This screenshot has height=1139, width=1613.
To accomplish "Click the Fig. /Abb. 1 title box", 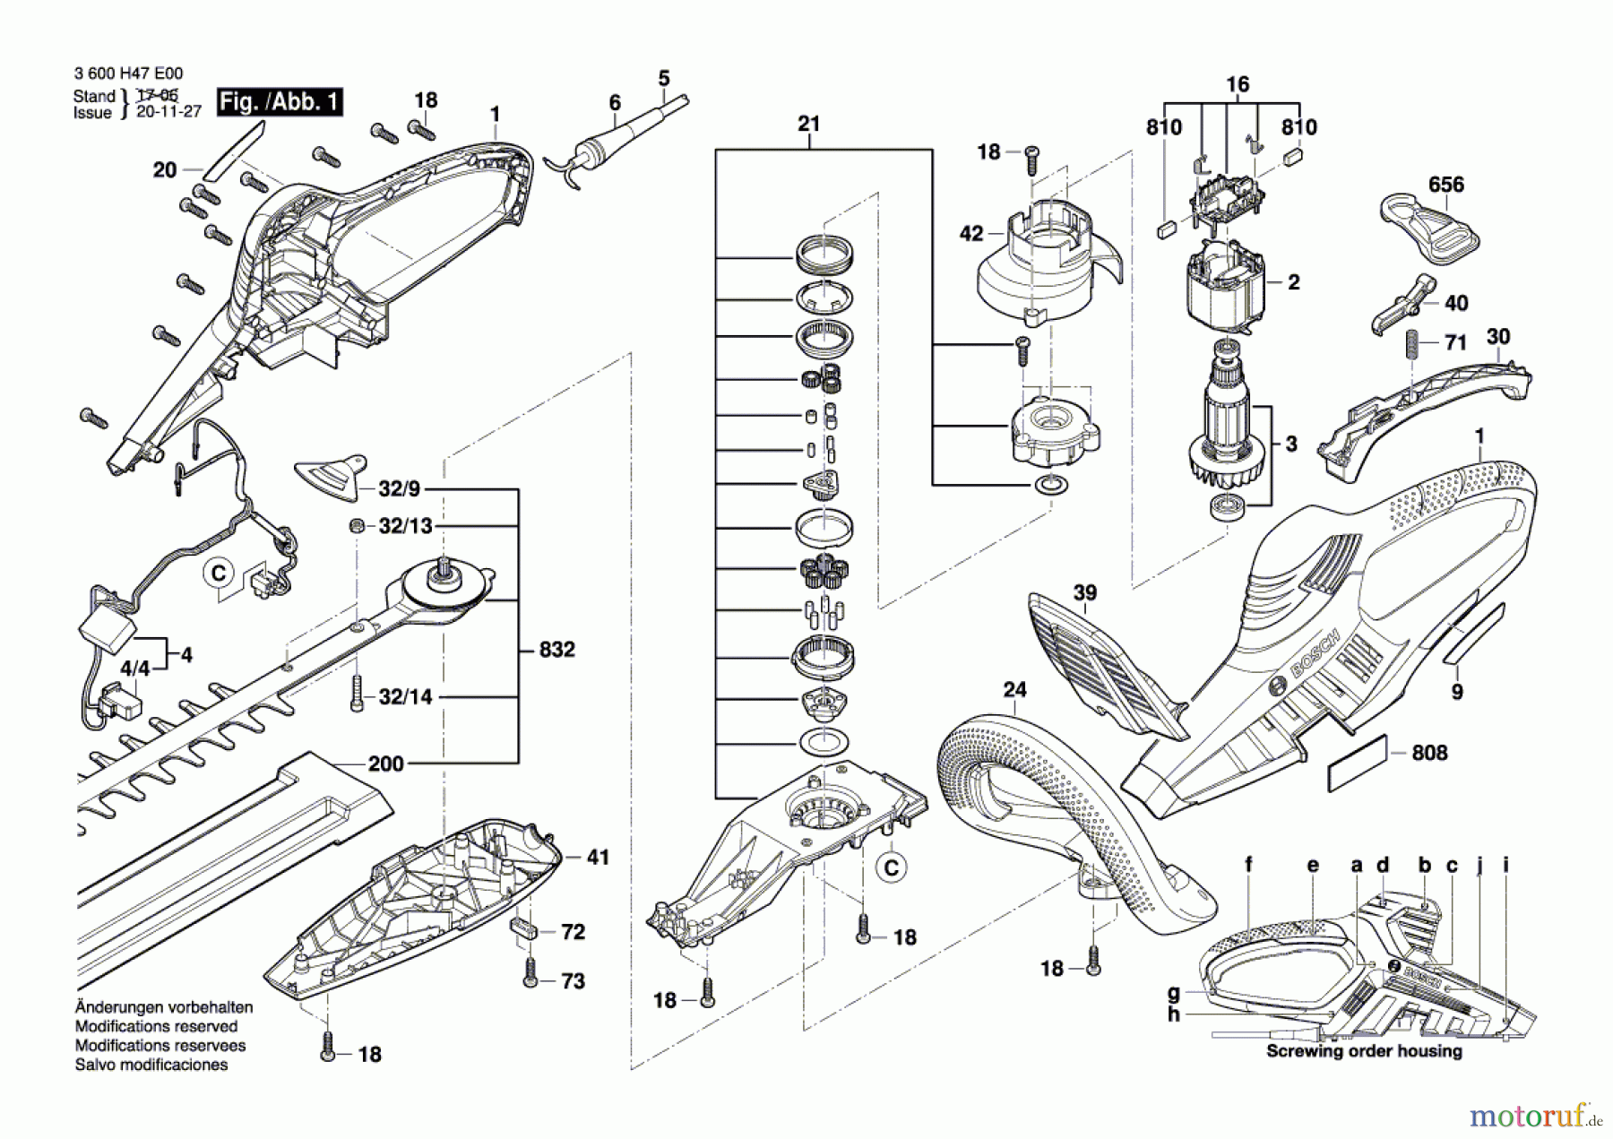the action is coord(280,102).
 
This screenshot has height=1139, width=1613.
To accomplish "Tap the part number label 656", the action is coord(1446,185).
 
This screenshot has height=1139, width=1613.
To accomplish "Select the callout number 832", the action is coord(556,649).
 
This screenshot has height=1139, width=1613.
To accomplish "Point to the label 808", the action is coord(1429,753).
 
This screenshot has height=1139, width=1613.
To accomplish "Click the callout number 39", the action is coord(1085,593).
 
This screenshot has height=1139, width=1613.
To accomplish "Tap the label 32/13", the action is coord(405,526).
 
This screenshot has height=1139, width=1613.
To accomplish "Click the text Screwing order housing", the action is coord(1364,1051).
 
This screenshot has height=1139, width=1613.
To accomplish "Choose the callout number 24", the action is coord(1014,690).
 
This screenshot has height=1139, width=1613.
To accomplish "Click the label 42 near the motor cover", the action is coord(971,235).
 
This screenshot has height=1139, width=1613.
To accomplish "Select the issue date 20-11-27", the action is coord(168,112).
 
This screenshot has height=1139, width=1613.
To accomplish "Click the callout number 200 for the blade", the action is coord(386,764).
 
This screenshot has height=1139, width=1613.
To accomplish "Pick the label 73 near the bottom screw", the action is coord(573,981).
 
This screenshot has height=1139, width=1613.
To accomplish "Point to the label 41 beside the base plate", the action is coord(598,858).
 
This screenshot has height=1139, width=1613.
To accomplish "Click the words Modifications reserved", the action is coord(156,1026).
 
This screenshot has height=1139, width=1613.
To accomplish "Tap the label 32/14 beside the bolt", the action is coord(405,696).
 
